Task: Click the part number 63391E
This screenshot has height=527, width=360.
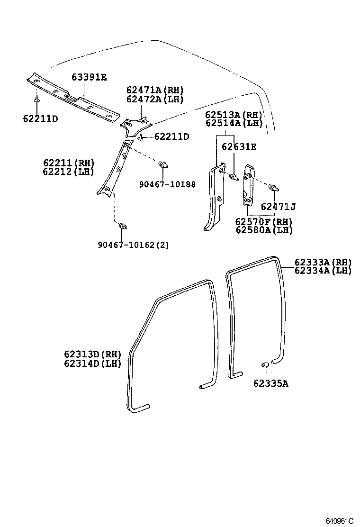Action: [89, 77]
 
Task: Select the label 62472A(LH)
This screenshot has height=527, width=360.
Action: [154, 99]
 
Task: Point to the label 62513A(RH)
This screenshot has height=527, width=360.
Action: [234, 115]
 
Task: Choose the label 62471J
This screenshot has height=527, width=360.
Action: [278, 207]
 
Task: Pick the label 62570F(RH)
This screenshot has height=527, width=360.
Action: [264, 222]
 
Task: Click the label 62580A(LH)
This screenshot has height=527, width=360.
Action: [264, 230]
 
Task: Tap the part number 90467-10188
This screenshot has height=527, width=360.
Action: [167, 184]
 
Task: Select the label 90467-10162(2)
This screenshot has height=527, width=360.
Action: [133, 245]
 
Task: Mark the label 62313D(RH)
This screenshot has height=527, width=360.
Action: [93, 354]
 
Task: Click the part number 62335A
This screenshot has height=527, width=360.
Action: [270, 383]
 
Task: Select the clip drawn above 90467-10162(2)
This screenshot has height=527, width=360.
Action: [123, 226]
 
